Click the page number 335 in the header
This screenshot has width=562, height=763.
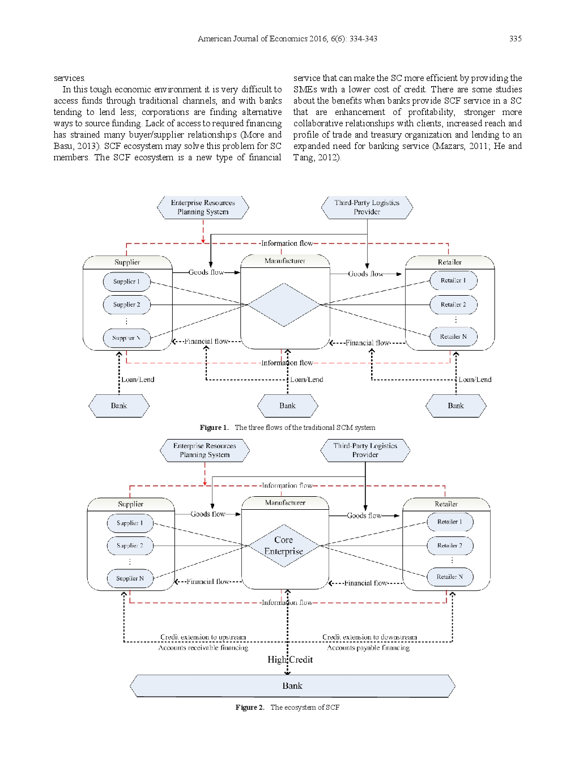click(515, 39)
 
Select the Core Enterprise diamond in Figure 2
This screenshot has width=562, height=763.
click(284, 545)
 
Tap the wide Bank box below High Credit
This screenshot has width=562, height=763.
click(292, 685)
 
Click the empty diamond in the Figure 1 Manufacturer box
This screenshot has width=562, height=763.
click(284, 305)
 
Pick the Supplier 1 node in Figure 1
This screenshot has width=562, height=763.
click(126, 282)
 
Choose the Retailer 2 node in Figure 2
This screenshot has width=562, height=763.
click(450, 545)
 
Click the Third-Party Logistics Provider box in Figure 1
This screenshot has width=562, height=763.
click(367, 207)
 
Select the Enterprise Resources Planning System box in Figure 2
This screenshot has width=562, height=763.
click(205, 450)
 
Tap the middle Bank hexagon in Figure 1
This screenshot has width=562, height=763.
click(287, 406)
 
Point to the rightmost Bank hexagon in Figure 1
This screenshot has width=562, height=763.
click(455, 406)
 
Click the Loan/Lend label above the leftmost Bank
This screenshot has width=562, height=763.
click(138, 380)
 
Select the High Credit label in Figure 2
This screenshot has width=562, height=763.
click(290, 659)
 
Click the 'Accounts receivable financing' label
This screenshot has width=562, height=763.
click(203, 647)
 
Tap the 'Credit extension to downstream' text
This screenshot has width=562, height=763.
click(369, 637)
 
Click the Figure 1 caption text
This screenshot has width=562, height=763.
click(287, 428)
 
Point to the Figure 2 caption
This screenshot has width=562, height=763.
click(287, 707)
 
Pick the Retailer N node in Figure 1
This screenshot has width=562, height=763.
click(453, 336)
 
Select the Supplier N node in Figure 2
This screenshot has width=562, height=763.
click(130, 578)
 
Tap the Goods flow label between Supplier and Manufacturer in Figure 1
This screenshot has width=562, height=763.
click(206, 272)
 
